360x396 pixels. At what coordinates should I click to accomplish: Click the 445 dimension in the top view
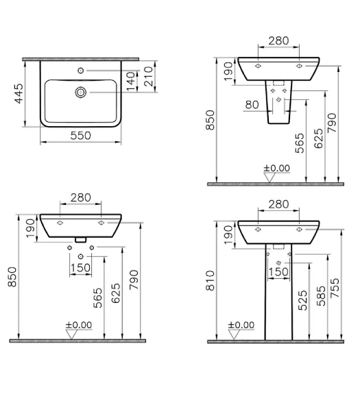pyautogui.click(x=19, y=94)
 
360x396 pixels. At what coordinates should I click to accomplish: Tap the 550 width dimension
pyautogui.click(x=81, y=136)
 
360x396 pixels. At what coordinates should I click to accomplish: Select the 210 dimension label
pyautogui.click(x=149, y=76)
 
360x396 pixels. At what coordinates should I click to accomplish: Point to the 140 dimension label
pyautogui.click(x=131, y=82)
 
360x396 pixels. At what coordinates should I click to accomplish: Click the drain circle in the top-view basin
pyautogui.click(x=81, y=92)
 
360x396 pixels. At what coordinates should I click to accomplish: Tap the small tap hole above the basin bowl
pyautogui.click(x=81, y=71)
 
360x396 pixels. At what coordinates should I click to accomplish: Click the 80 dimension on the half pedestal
pyautogui.click(x=252, y=105)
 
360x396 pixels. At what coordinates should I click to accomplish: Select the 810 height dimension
pyautogui.click(x=210, y=281)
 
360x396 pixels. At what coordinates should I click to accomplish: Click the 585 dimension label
pyautogui.click(x=322, y=296)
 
